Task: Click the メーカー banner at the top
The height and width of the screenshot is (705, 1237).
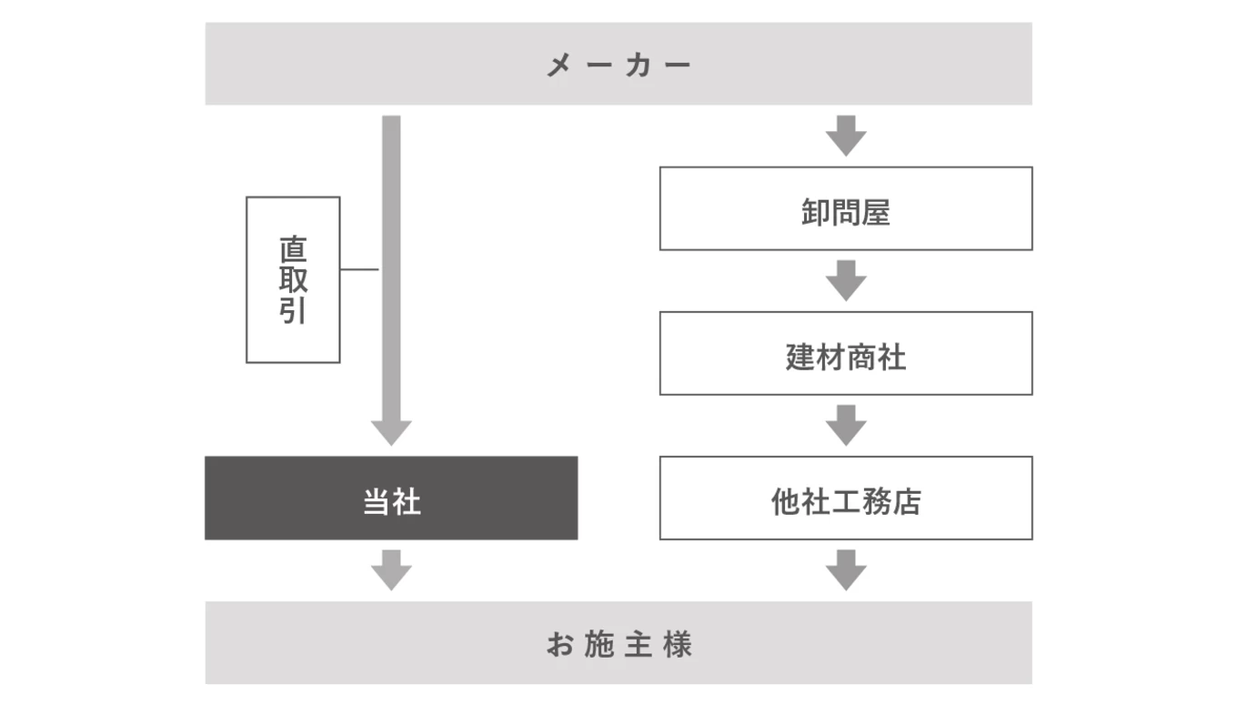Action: pos(618,64)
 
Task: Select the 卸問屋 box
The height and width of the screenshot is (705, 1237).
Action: pos(846,208)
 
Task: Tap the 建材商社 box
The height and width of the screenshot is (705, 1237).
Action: pos(846,353)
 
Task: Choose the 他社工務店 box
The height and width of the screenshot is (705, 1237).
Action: pos(846,498)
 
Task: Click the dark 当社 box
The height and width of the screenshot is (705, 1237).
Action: pos(391,498)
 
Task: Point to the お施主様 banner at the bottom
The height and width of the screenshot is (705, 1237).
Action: pos(618,642)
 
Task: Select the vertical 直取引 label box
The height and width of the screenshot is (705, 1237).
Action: pos(293,279)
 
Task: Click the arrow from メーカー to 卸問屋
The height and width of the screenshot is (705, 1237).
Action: pos(846,136)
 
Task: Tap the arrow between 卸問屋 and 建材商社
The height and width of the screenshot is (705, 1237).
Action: pos(846,280)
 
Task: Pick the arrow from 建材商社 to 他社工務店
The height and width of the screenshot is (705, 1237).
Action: pos(846,425)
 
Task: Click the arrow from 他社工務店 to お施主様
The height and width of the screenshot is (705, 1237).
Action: pos(846,569)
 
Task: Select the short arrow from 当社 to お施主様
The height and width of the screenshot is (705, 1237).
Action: pos(391,569)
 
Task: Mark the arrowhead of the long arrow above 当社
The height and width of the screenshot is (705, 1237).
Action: pos(391,432)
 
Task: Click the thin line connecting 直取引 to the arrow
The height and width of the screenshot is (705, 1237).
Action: pos(359,269)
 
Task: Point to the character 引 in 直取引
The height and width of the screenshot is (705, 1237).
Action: pos(293,311)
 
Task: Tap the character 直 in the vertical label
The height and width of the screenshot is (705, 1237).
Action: pos(293,248)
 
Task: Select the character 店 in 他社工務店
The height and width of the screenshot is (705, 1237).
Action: pos(907,501)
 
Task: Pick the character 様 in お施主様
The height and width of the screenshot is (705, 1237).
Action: pos(678,645)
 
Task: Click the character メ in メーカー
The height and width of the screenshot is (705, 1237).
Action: pos(558,65)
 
